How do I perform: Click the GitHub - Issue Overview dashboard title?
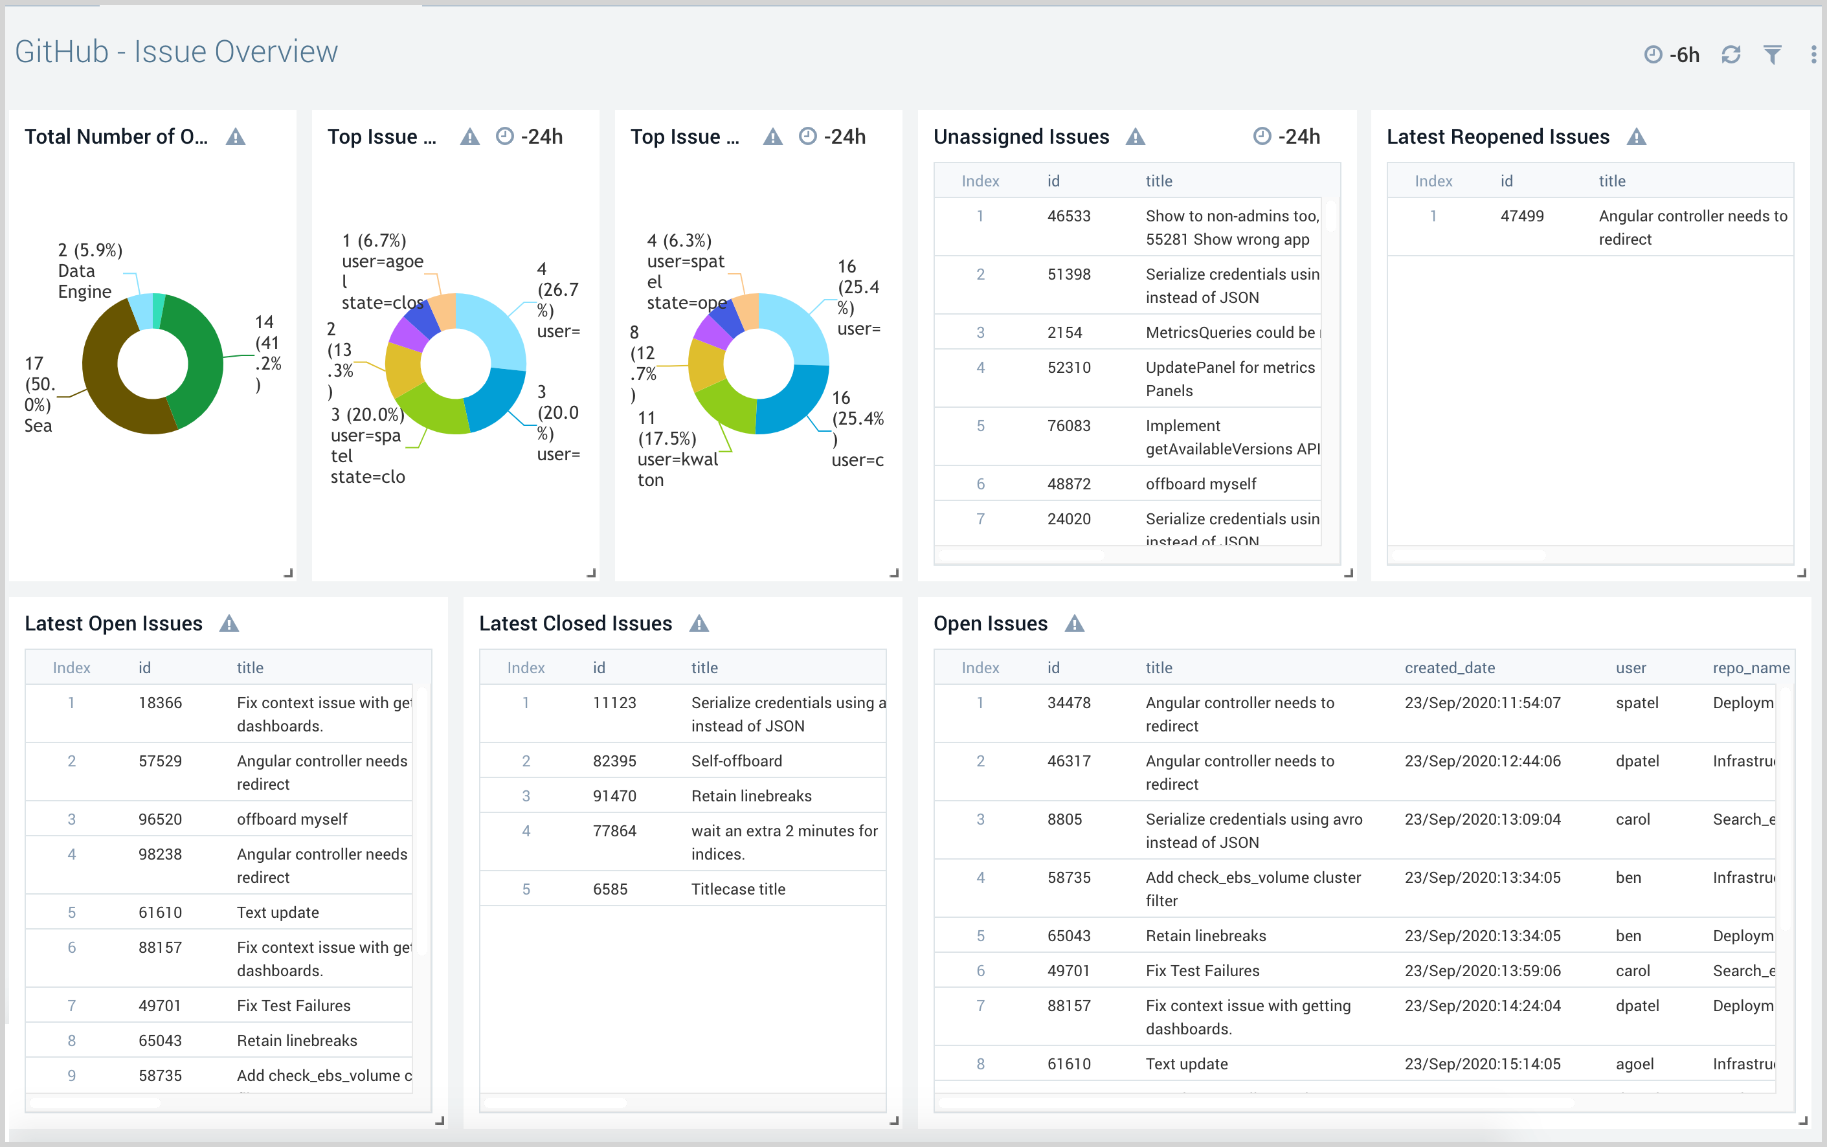(176, 52)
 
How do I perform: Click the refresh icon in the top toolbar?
(1731, 54)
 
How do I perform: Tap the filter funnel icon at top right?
(1773, 54)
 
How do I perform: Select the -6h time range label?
(1685, 54)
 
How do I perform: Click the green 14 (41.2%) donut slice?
(201, 357)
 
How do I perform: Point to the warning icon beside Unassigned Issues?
(1135, 137)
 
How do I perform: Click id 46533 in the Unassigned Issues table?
(1068, 216)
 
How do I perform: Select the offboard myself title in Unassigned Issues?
(1200, 484)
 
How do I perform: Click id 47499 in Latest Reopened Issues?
(1521, 216)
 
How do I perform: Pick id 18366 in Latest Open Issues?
(160, 702)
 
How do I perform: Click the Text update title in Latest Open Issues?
(278, 913)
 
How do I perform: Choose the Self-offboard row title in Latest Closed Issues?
(736, 761)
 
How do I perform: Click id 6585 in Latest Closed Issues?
(610, 889)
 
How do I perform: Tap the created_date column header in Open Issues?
(1449, 667)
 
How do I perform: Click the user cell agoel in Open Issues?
(1634, 1063)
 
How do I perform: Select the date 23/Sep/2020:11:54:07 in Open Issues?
(1482, 702)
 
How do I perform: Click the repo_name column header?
(1751, 667)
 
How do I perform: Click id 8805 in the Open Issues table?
(1064, 819)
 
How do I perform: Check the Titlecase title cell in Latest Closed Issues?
(737, 889)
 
